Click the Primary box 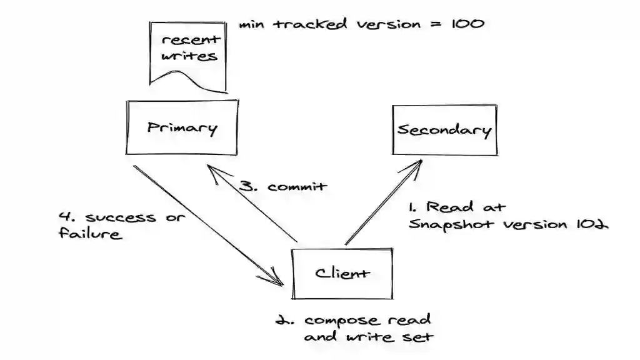coord(182,128)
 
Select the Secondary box coord(444,130)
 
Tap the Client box coord(342,272)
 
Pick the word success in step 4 coord(112,217)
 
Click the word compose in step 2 coord(341,321)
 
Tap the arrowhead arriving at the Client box coord(278,279)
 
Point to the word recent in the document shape coord(191,40)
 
